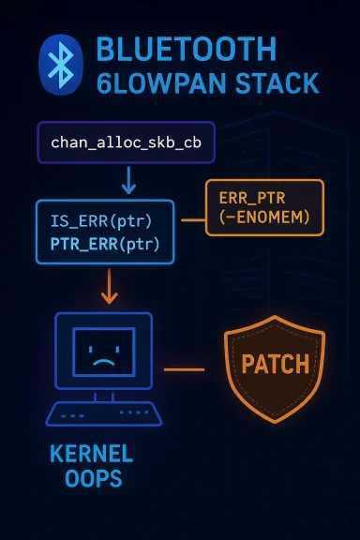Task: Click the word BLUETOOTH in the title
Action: (x=186, y=51)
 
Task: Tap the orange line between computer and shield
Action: (x=184, y=368)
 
